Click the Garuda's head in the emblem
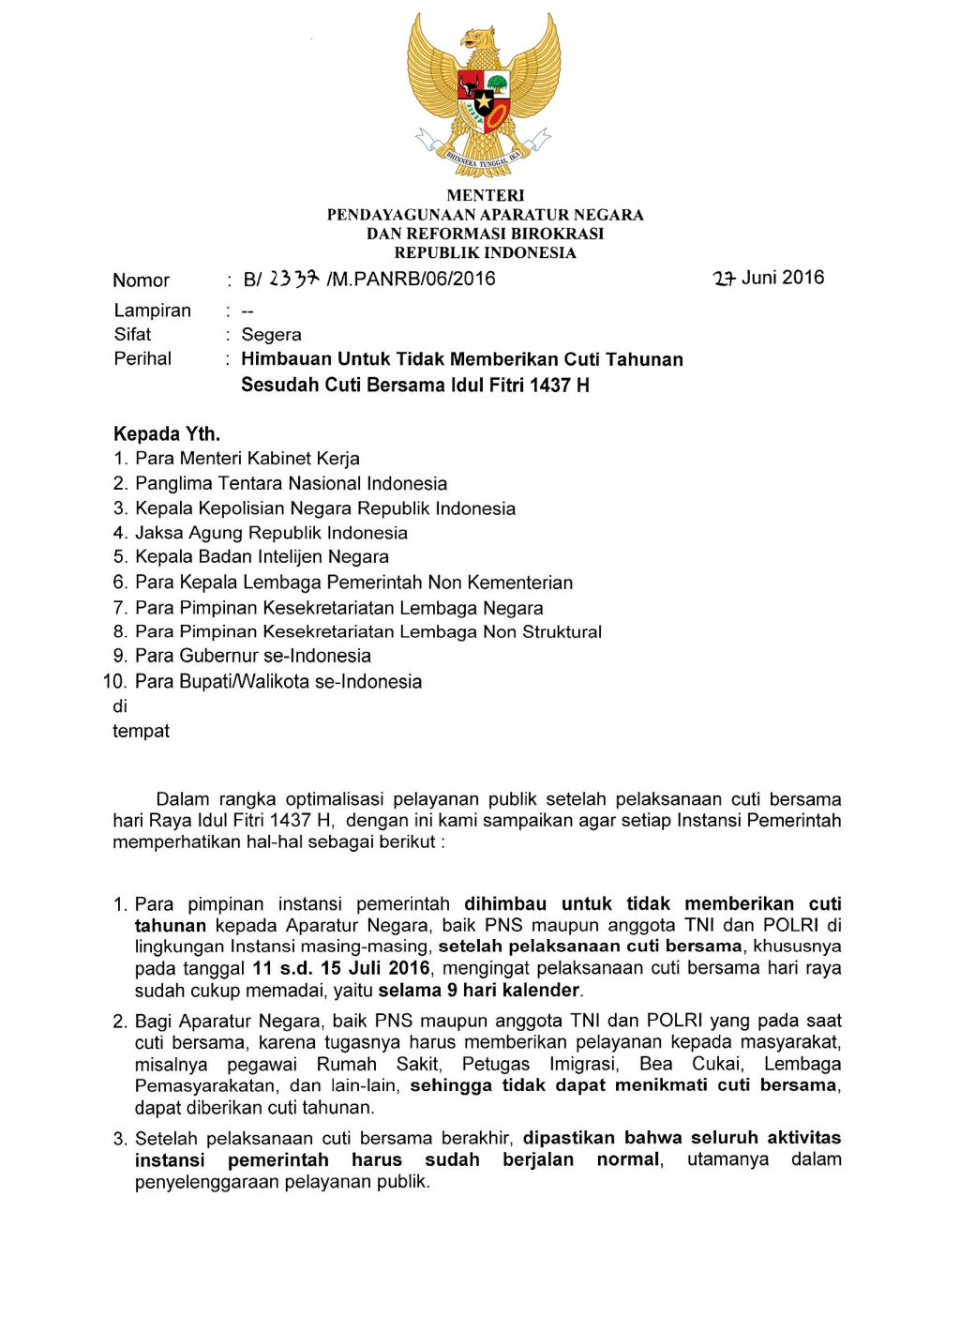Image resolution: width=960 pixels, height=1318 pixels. tap(478, 40)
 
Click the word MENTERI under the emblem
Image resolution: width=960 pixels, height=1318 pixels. tap(485, 195)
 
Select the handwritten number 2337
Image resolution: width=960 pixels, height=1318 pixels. tap(294, 279)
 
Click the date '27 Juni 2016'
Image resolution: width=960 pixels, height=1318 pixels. tap(769, 278)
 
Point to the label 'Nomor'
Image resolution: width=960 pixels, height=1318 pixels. tap(141, 280)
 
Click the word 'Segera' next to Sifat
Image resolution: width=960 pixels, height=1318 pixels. tap(271, 335)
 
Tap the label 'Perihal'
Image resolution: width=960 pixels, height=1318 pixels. tap(142, 358)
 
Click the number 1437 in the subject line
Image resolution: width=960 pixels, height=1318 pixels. tap(550, 385)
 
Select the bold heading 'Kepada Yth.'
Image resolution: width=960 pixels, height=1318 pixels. tap(167, 433)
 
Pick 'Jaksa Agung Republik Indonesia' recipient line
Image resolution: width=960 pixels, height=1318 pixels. tap(271, 533)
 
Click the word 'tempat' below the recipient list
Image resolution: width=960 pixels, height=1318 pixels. tap(141, 732)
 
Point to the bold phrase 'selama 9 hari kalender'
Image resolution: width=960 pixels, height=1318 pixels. tap(479, 990)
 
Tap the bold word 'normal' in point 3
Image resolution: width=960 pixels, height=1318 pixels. tap(629, 1159)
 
